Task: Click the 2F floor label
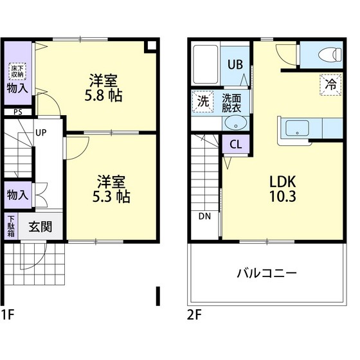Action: (195, 316)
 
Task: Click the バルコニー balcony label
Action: (267, 273)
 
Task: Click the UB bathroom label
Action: (235, 64)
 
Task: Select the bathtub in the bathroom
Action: (206, 63)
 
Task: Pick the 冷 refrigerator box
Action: (330, 84)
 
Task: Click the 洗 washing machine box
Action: (203, 102)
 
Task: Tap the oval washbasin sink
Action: (230, 125)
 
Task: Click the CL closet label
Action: (235, 144)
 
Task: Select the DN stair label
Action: (205, 216)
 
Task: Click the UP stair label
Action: (40, 134)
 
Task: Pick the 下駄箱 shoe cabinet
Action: (12, 227)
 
